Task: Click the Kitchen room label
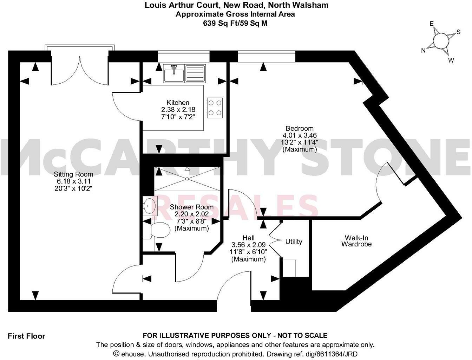(x=178, y=103)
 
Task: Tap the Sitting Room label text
(x=73, y=174)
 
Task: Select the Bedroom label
(x=299, y=128)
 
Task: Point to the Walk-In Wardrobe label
(x=356, y=240)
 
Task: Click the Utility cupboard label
(x=294, y=242)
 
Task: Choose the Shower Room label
(x=191, y=207)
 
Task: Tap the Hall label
(x=248, y=238)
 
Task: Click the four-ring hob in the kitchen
(x=215, y=108)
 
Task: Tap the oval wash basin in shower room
(x=150, y=205)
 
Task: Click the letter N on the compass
(x=424, y=51)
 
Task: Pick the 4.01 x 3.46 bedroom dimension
(x=299, y=135)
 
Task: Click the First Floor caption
(x=26, y=336)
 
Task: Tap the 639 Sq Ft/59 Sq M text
(x=235, y=24)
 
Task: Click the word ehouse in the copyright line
(x=131, y=354)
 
